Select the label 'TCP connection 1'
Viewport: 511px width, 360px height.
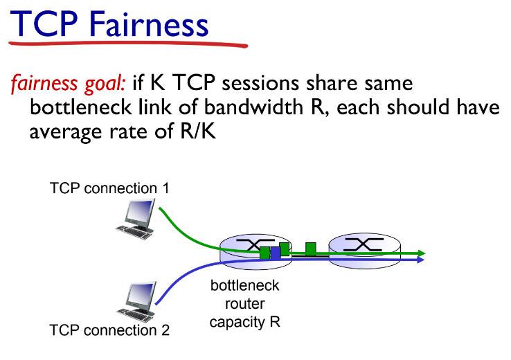(109, 188)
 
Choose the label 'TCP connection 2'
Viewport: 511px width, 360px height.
(109, 330)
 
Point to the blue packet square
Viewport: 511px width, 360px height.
(276, 253)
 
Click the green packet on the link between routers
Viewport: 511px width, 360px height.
(311, 248)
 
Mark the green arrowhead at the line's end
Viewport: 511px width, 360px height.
(420, 253)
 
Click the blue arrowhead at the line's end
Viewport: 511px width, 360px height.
(420, 259)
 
